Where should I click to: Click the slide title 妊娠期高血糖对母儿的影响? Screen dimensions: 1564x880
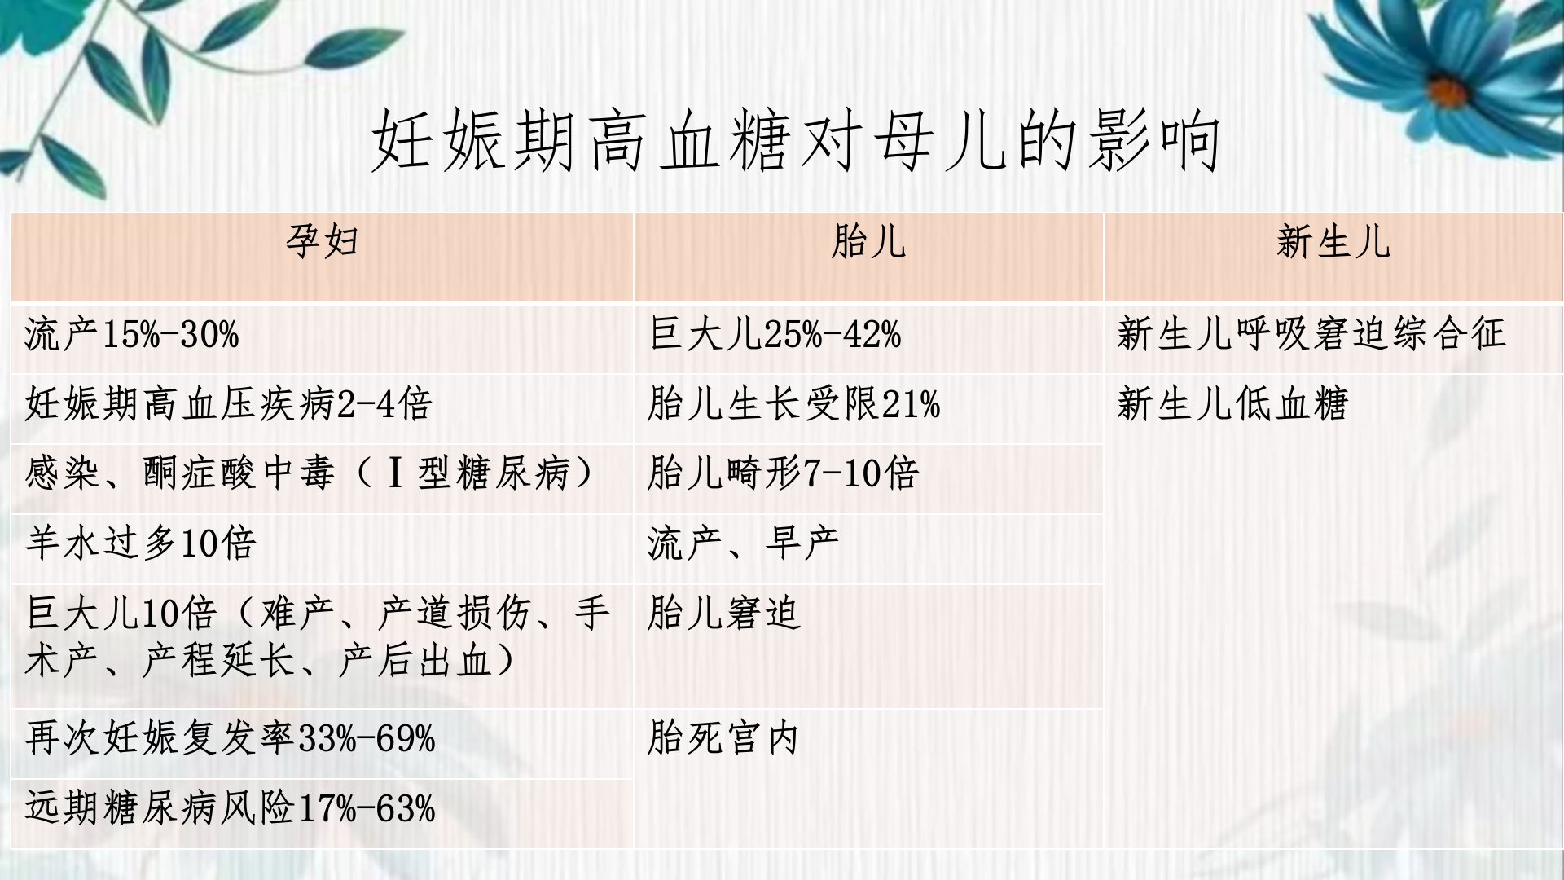pyautogui.click(x=796, y=142)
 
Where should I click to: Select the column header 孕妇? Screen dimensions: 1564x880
pyautogui.click(x=323, y=241)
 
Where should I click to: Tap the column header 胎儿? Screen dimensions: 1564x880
pyautogui.click(x=868, y=241)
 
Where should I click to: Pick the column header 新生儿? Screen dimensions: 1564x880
pyautogui.click(x=1333, y=241)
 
